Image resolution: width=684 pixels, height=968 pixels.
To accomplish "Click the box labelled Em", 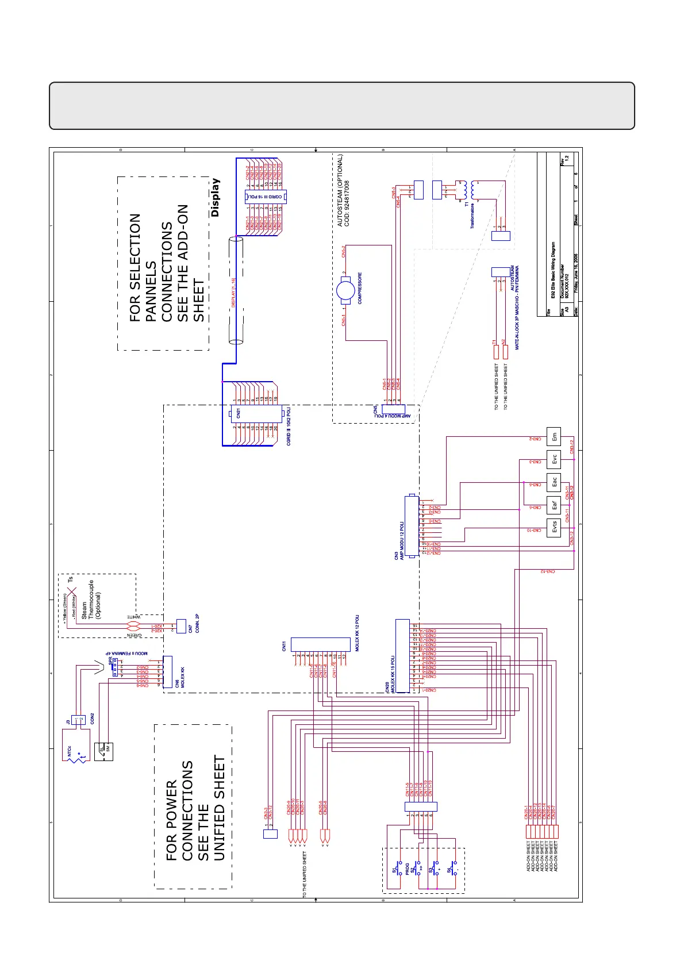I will tap(554, 437).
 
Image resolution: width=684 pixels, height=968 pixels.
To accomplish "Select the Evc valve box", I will tap(554, 460).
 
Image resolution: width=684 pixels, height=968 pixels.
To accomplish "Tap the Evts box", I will tap(554, 527).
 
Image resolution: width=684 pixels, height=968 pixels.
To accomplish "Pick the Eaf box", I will tap(554, 505).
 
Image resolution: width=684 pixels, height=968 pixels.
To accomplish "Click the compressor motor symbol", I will tap(345, 290).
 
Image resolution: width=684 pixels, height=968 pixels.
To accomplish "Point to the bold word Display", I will tap(215, 197).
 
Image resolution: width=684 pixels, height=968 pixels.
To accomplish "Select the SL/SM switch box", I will tap(106, 751).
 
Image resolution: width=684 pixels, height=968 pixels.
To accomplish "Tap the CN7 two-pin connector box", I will tap(182, 626).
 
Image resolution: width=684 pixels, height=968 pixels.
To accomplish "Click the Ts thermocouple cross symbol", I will tap(71, 591).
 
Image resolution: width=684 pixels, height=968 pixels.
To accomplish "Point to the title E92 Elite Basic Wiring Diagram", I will tap(552, 270).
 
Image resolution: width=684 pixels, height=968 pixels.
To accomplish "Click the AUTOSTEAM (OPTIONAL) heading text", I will tap(340, 190).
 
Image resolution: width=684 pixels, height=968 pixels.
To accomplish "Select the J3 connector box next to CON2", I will tap(78, 719).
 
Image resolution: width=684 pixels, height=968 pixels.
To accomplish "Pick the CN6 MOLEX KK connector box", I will tap(168, 673).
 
